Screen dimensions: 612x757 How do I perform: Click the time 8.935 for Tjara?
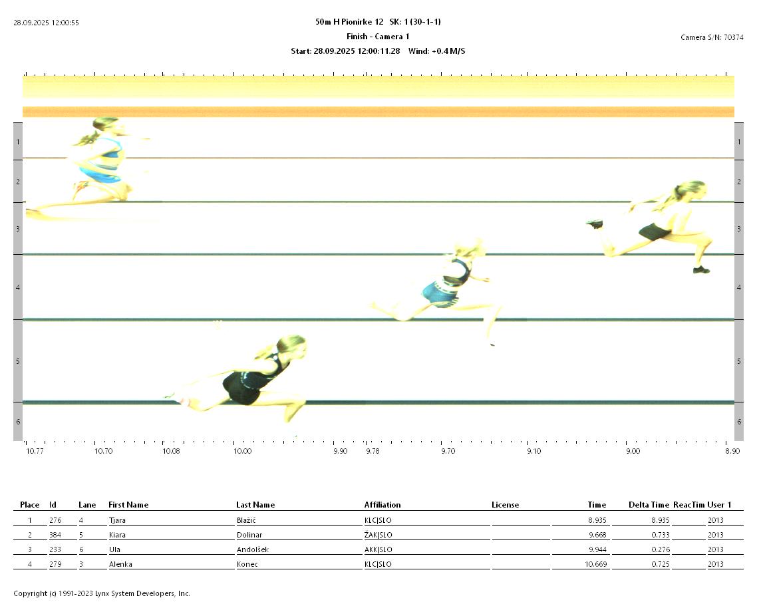pyautogui.click(x=597, y=520)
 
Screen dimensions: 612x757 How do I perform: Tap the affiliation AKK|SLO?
pyautogui.click(x=378, y=549)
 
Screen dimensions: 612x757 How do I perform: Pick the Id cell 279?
pyautogui.click(x=55, y=564)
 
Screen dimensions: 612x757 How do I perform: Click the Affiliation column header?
pyautogui.click(x=382, y=505)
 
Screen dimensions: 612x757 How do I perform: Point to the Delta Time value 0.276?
pyautogui.click(x=659, y=549)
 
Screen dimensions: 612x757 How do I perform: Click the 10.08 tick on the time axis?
pyautogui.click(x=171, y=451)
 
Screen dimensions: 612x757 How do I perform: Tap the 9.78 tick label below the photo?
pyautogui.click(x=373, y=451)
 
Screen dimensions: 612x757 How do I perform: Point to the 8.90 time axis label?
pyautogui.click(x=732, y=451)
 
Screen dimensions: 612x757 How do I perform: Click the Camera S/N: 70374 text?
pyautogui.click(x=712, y=37)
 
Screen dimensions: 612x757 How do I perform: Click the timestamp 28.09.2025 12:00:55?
pyautogui.click(x=47, y=23)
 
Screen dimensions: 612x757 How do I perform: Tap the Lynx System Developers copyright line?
pyautogui.click(x=102, y=593)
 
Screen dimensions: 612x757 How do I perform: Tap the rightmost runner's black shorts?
pyautogui.click(x=655, y=232)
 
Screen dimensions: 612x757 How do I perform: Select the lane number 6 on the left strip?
pyautogui.click(x=18, y=422)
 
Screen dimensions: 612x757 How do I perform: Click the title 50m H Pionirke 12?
pyautogui.click(x=349, y=22)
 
